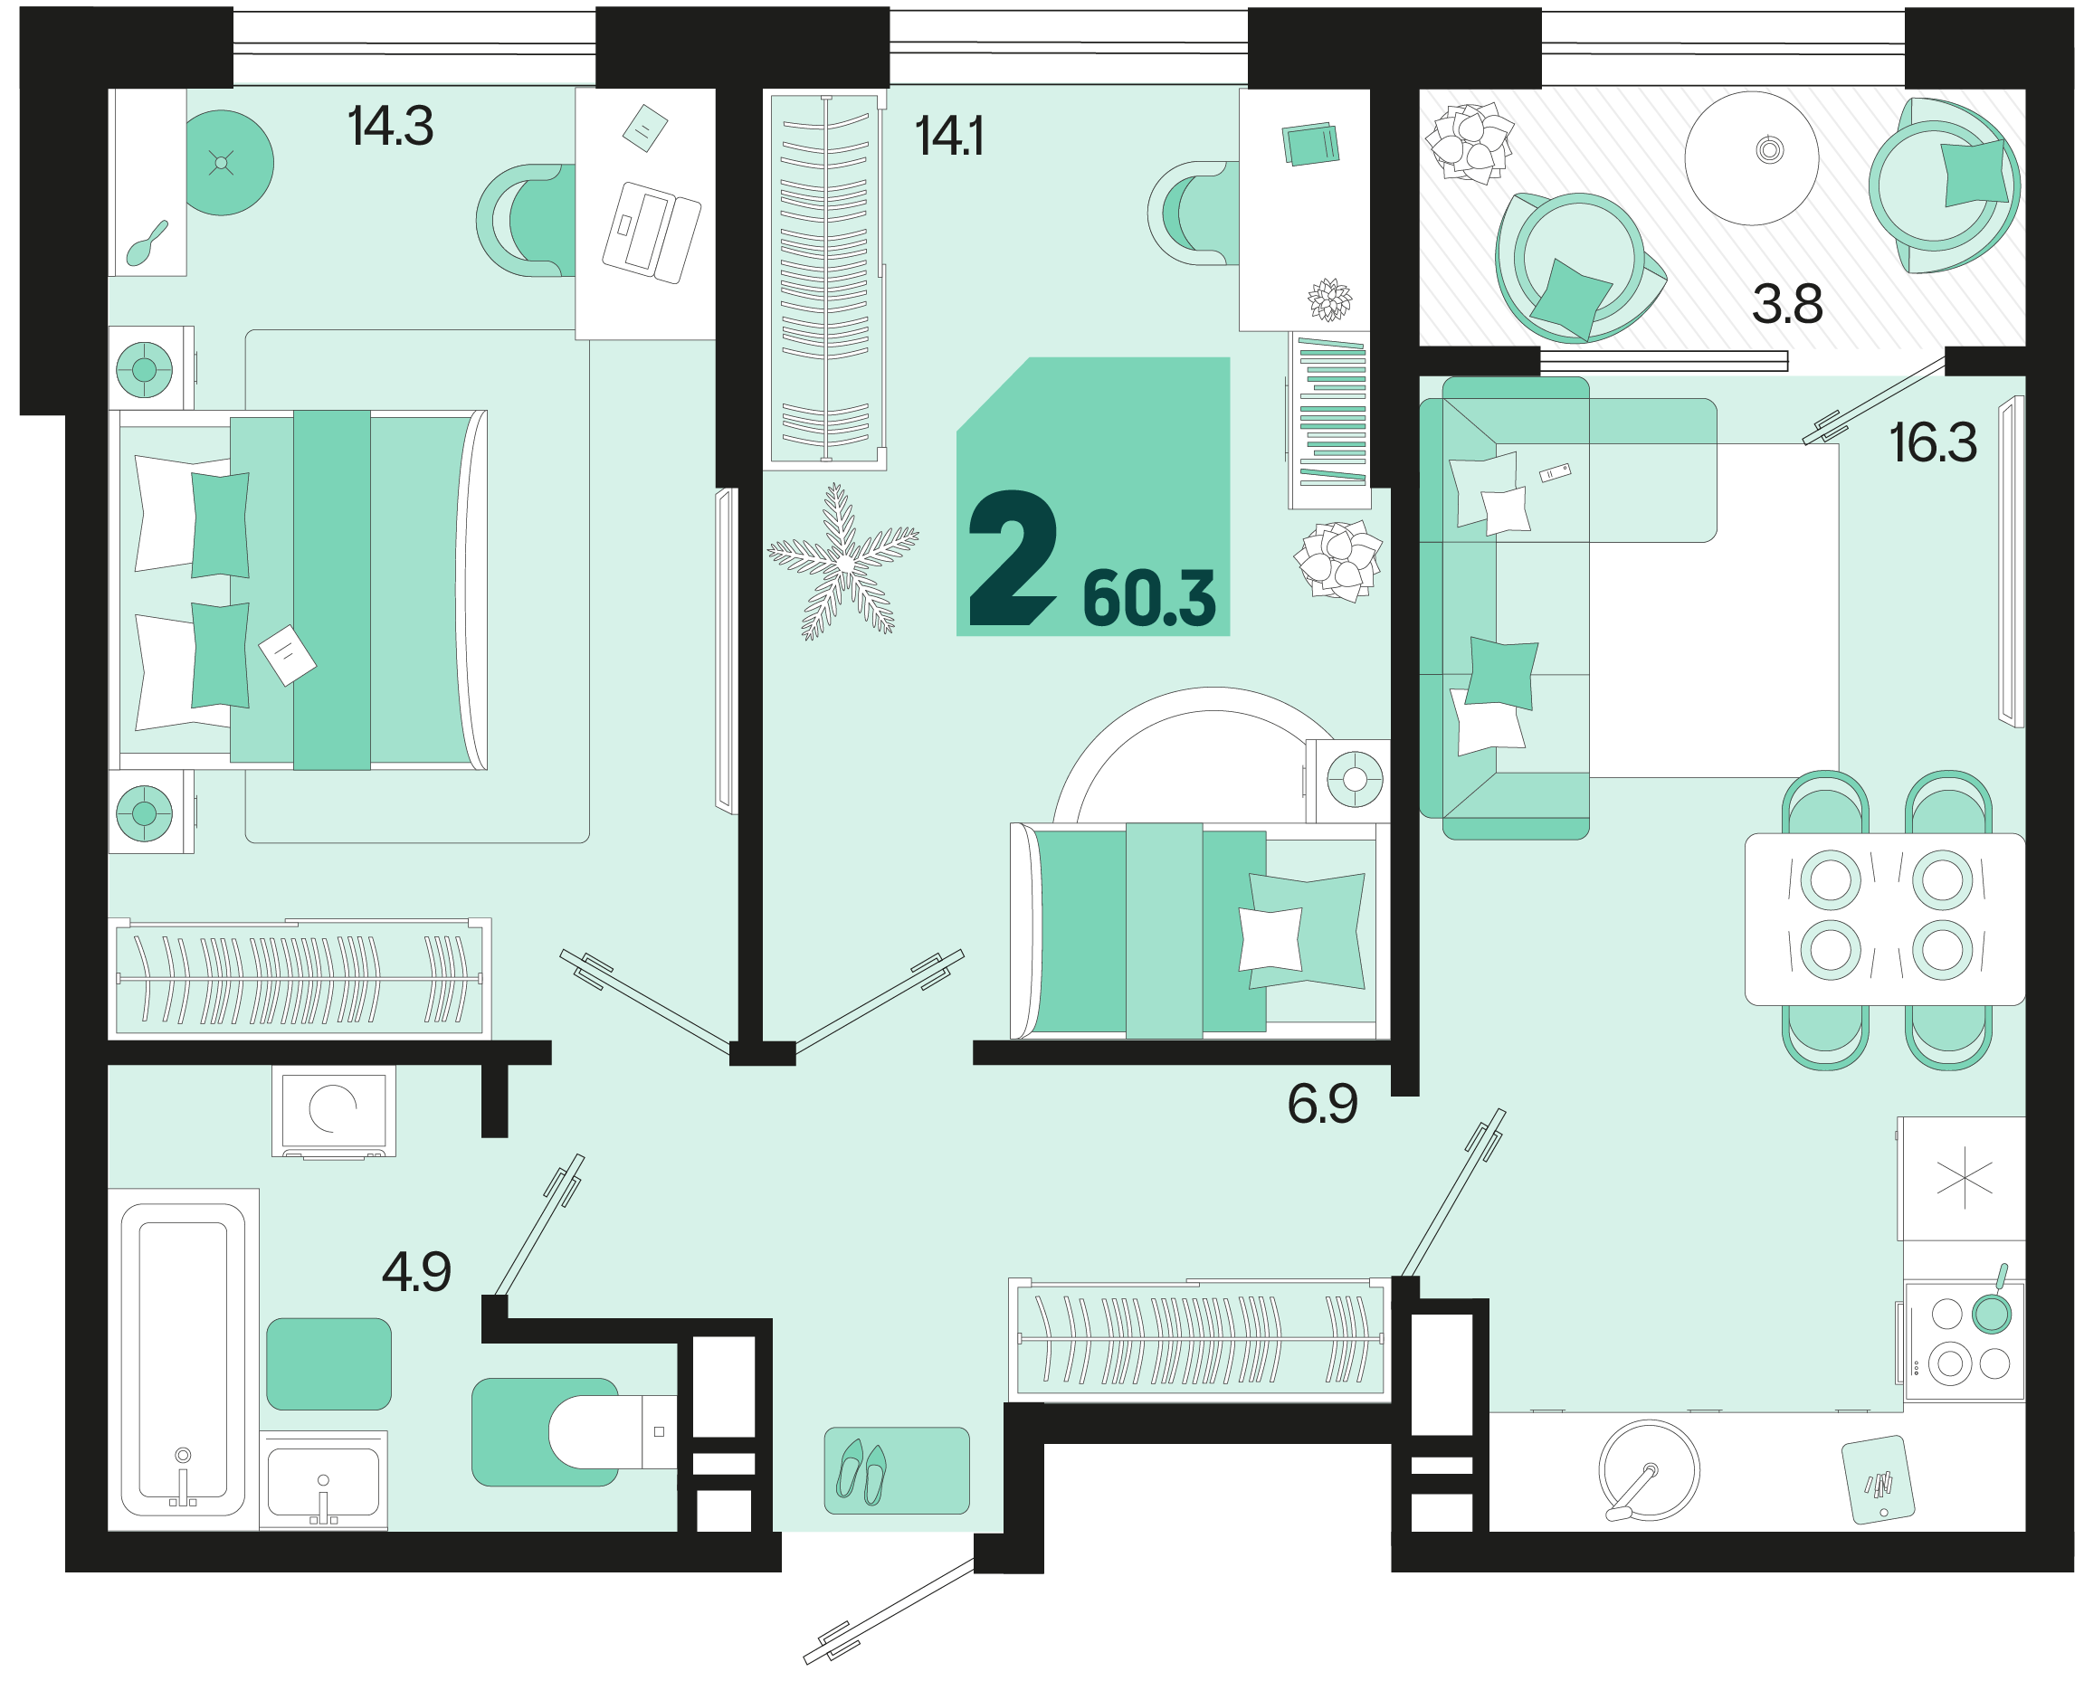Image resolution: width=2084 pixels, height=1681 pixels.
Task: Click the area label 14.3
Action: click(389, 127)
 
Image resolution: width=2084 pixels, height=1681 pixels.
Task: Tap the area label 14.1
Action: click(948, 136)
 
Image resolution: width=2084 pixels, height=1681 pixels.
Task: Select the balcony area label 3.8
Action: click(1786, 304)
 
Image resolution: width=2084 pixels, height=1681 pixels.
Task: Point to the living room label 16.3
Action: click(1932, 443)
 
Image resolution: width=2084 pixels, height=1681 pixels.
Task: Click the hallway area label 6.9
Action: click(1322, 1104)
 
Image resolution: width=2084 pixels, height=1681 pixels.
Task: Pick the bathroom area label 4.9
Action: click(416, 1272)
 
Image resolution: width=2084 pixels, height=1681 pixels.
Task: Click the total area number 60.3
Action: click(1148, 600)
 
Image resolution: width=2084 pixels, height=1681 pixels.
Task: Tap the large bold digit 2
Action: click(1012, 560)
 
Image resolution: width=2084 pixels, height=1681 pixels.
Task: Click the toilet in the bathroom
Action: click(605, 1432)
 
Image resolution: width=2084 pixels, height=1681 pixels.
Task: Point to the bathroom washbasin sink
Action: click(322, 1482)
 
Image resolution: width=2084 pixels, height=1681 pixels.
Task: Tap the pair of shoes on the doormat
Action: click(861, 1472)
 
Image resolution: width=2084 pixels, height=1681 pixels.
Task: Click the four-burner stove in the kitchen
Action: click(1964, 1341)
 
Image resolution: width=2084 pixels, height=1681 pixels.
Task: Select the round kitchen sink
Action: click(1648, 1470)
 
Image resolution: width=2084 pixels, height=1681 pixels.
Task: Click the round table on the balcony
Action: click(1751, 157)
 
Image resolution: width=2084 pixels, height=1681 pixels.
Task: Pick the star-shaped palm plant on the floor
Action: click(842, 562)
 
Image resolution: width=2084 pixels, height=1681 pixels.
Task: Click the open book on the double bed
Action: click(287, 656)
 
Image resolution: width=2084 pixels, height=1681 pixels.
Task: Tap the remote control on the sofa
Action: click(1555, 473)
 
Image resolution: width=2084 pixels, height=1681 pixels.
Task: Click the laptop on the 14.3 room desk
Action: click(651, 233)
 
